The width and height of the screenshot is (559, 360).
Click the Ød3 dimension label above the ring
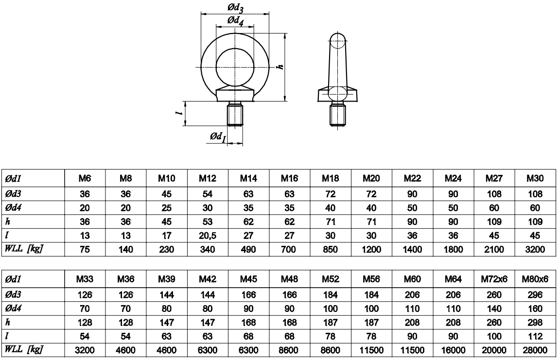236,7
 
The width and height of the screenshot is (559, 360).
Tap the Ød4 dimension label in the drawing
236,21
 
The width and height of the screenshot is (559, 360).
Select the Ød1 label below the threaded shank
218,137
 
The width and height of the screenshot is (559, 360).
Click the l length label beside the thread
181,113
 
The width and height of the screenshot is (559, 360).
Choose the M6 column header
85,178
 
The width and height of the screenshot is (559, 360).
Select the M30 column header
535,178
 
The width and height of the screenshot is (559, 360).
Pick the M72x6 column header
494,279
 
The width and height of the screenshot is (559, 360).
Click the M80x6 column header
535,279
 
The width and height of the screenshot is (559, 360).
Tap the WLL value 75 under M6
85,249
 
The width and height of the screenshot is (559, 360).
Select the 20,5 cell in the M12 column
208,236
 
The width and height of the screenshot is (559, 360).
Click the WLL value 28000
535,350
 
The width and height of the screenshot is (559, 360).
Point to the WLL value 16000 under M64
453,350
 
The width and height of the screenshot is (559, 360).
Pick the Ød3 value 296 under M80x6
535,295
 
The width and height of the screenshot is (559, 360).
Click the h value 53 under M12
208,222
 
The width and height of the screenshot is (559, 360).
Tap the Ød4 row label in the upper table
14,207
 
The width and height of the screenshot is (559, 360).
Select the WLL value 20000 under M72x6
494,350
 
